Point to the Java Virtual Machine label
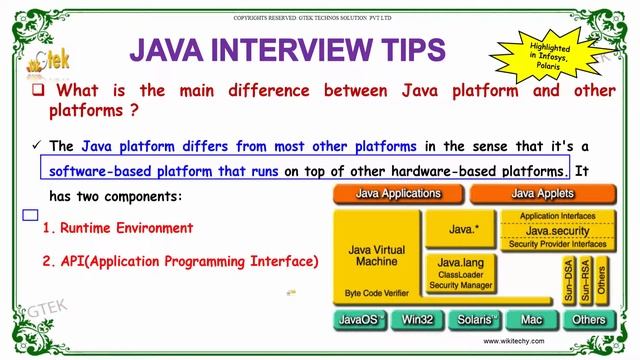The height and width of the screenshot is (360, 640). click(x=377, y=254)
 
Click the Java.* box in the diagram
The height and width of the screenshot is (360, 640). click(x=462, y=229)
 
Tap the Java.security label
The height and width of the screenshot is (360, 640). click(x=557, y=230)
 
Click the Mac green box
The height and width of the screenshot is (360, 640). click(x=530, y=320)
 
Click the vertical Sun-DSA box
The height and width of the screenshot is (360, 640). click(x=568, y=279)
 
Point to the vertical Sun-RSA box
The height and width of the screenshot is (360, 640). click(x=585, y=279)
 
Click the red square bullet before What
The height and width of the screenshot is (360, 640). click(x=37, y=91)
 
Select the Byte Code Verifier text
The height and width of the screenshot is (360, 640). click(x=376, y=293)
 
